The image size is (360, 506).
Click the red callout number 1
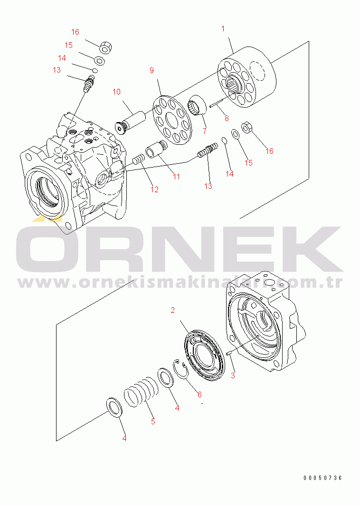coord(223,29)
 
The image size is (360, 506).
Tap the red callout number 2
coord(173,310)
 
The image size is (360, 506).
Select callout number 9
coord(152,70)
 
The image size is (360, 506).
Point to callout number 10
coord(116,92)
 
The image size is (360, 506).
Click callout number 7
coord(205,131)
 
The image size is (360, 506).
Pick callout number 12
coord(155,189)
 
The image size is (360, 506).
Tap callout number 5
coord(153,422)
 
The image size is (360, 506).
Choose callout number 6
coord(199,394)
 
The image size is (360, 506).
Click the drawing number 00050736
coord(322,478)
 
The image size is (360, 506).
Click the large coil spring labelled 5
coord(142,392)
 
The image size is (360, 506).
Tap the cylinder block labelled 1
coord(247,77)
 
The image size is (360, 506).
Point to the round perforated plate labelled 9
coord(172,120)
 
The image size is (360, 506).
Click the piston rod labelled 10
coord(131,122)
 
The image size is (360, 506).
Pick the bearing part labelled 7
coord(197,105)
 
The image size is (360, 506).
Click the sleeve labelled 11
coord(156,149)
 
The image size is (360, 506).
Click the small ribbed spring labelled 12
coord(138,159)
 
